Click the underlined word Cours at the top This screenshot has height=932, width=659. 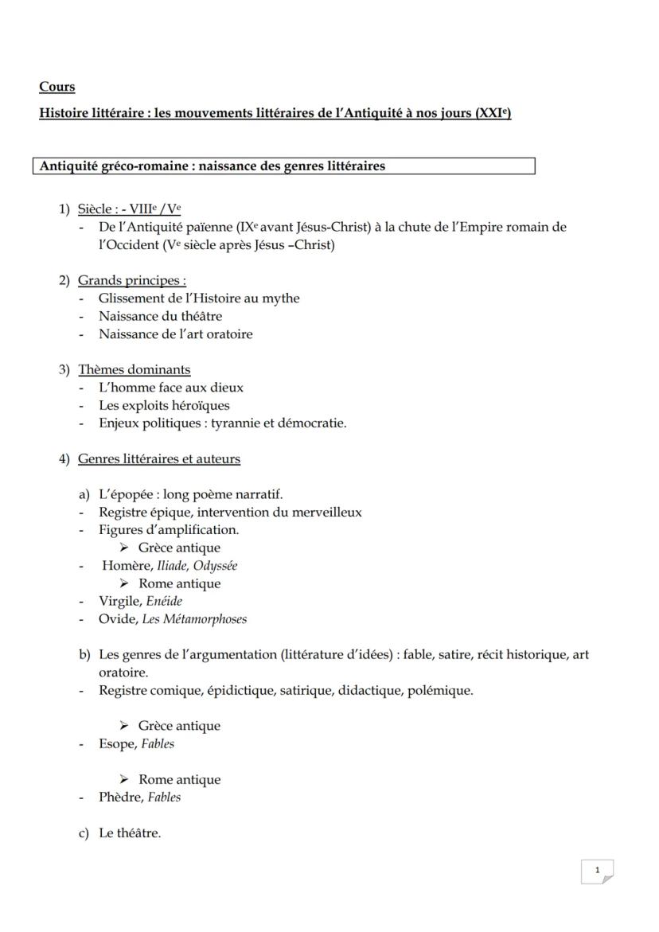pos(57,87)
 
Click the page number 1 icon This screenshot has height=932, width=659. pos(598,871)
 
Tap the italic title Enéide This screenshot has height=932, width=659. pos(164,602)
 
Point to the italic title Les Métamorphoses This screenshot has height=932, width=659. pos(194,619)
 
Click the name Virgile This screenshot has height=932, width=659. pos(119,602)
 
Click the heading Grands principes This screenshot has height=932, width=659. pos(131,281)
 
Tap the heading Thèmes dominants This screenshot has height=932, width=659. pos(134,369)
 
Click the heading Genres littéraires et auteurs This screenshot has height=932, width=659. pos(158,459)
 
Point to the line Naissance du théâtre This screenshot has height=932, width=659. pos(160,317)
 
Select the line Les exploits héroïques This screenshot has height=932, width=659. pos(163,406)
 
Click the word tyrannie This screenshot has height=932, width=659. pos(238,423)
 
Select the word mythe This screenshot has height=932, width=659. pos(283,298)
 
